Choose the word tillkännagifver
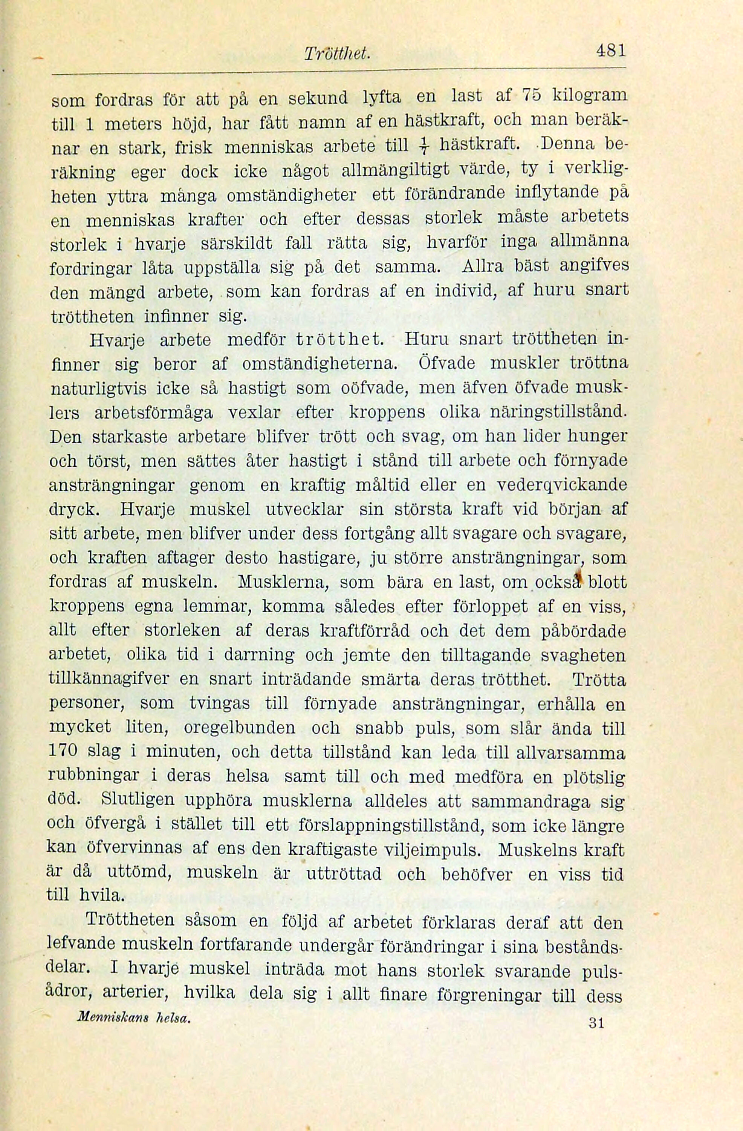pyautogui.click(x=109, y=680)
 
